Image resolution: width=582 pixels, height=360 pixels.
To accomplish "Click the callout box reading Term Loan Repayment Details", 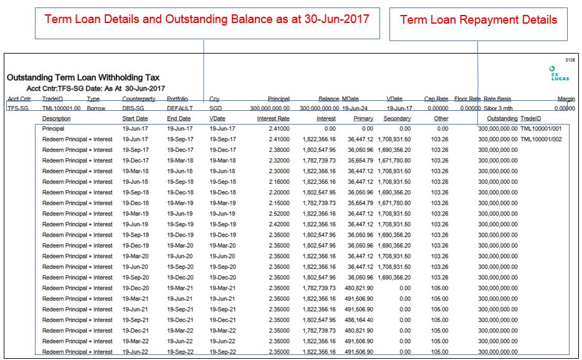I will pyautogui.click(x=478, y=20).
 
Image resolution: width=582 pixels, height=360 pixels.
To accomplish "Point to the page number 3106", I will pyautogui.click(x=570, y=60).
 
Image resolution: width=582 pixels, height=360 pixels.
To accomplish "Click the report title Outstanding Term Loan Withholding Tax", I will pyautogui.click(x=83, y=78).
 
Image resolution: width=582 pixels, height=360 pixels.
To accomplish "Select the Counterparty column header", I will pyautogui.click(x=139, y=99).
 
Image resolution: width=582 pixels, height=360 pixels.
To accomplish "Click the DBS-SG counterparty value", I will pyautogui.click(x=133, y=108).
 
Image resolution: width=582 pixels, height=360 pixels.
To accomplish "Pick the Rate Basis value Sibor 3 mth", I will pyautogui.click(x=500, y=108).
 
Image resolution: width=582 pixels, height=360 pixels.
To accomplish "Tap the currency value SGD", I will pyautogui.click(x=215, y=108).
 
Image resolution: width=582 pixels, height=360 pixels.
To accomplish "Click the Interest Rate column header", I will pyautogui.click(x=274, y=118).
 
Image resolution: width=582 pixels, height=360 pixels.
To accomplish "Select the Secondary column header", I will pyautogui.click(x=397, y=118).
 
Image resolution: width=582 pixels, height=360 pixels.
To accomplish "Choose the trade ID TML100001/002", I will pyautogui.click(x=541, y=140).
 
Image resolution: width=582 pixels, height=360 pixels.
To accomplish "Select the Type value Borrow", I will pyautogui.click(x=95, y=108).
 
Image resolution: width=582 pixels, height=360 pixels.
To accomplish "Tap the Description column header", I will pyautogui.click(x=57, y=118).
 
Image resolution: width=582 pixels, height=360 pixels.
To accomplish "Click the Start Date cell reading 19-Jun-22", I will pyautogui.click(x=135, y=352).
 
